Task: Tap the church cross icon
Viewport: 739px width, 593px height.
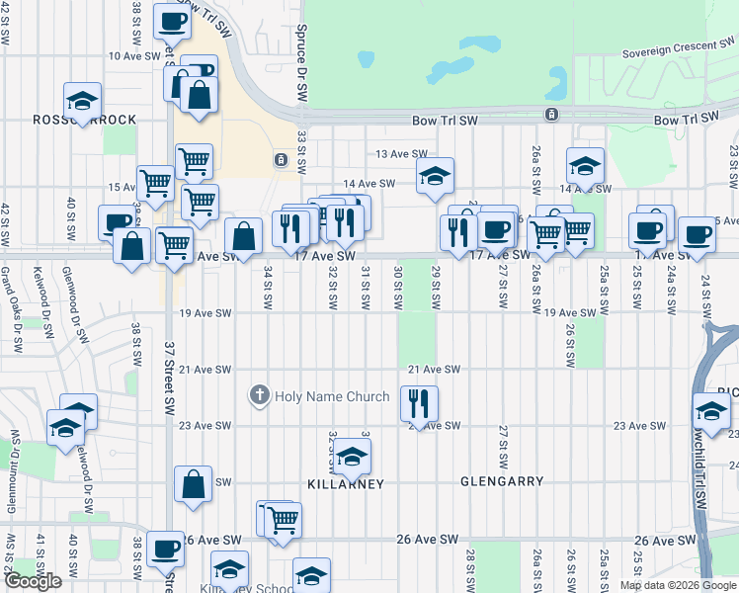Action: coord(260,396)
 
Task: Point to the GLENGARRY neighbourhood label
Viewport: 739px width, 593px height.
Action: coord(502,481)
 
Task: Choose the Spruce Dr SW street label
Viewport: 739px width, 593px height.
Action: coord(299,75)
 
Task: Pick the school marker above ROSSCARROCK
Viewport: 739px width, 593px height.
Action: coord(83,101)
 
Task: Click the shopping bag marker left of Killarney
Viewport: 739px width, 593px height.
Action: coord(194,484)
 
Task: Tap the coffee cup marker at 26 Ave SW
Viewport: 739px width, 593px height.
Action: coord(166,550)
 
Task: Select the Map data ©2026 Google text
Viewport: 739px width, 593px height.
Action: coord(677,585)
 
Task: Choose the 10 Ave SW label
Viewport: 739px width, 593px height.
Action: coord(134,56)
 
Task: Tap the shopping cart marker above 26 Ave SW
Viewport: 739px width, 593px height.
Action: coord(283,520)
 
